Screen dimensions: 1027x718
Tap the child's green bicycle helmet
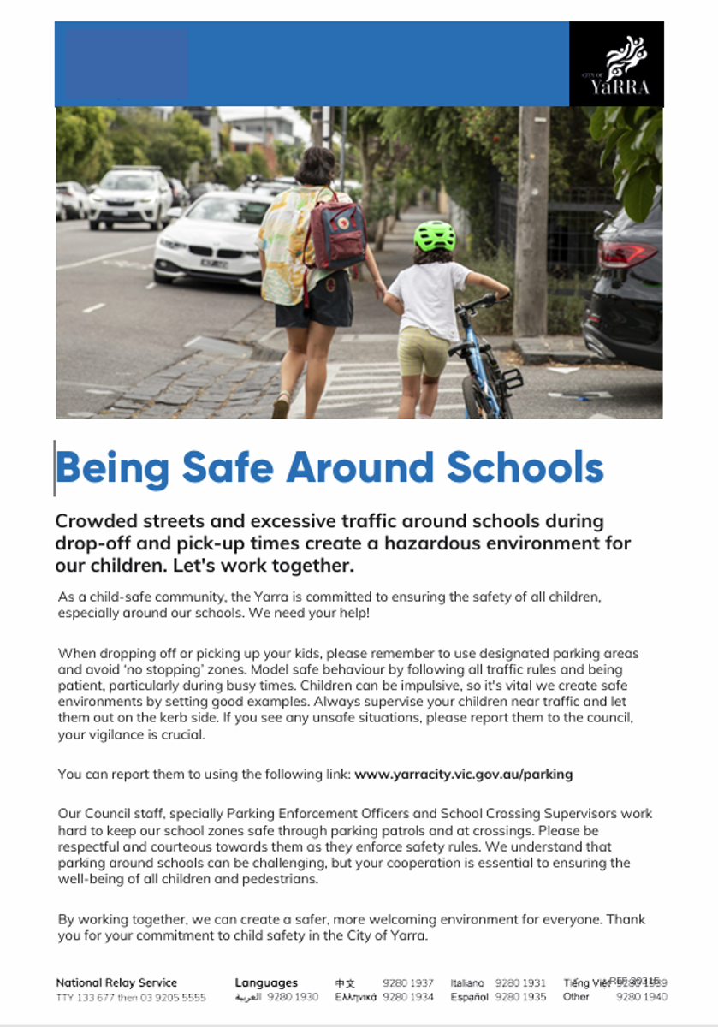pyautogui.click(x=434, y=235)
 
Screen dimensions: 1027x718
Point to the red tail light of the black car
pyautogui.click(x=628, y=255)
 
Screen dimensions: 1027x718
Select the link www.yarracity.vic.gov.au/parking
pyautogui.click(x=463, y=774)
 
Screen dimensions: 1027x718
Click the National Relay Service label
pyautogui.click(x=116, y=982)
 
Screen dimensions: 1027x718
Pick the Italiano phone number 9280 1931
pyautogui.click(x=520, y=983)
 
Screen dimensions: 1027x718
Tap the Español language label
pyautogui.click(x=469, y=997)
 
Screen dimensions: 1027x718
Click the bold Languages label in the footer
pyautogui.click(x=266, y=982)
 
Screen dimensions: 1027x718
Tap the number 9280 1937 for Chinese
pyautogui.click(x=408, y=983)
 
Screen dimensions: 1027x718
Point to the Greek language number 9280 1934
pyautogui.click(x=408, y=997)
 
